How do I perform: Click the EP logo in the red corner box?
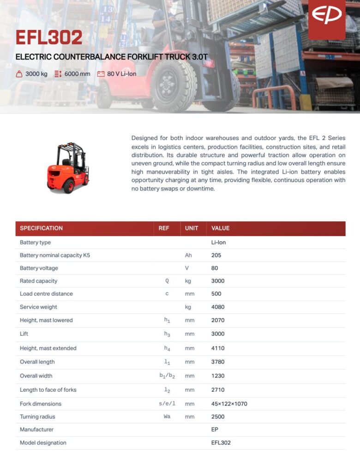click(326, 15)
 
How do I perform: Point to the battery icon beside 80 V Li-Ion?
click(101, 74)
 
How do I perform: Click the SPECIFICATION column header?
click(41, 228)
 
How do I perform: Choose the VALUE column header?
click(220, 228)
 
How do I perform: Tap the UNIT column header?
click(192, 228)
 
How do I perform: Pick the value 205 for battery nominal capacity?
click(216, 255)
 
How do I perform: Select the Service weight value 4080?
click(217, 307)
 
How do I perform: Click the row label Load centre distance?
click(46, 294)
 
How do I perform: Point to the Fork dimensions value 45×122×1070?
click(229, 404)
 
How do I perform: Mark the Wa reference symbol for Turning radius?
click(167, 417)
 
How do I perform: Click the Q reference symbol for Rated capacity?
click(167, 281)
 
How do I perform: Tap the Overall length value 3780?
click(217, 362)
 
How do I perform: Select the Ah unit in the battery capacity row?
click(188, 255)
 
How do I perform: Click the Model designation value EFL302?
click(221, 443)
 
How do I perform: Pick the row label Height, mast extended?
click(48, 348)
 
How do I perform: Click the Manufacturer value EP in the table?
click(215, 430)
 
